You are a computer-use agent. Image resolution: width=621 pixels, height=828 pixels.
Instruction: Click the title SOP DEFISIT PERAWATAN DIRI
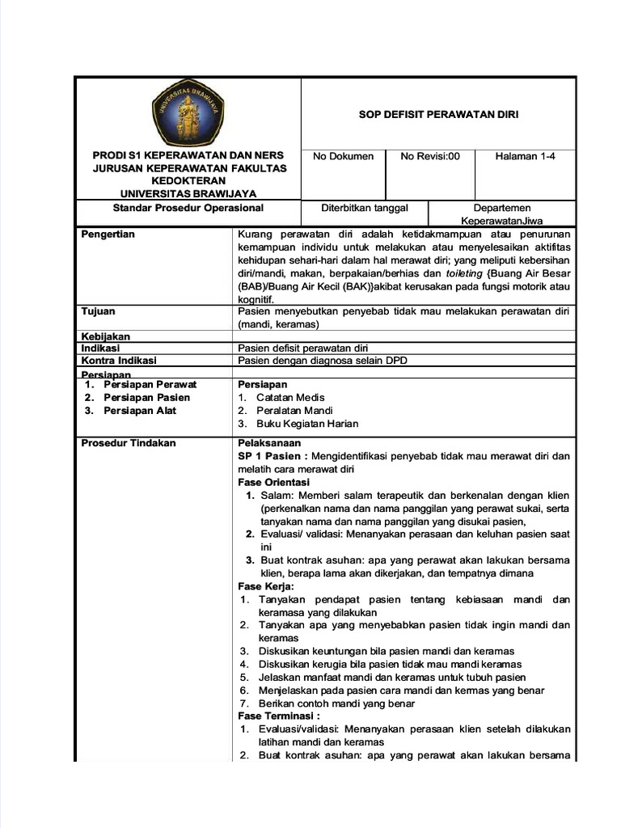point(438,114)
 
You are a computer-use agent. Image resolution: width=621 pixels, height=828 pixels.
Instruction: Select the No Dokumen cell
point(343,156)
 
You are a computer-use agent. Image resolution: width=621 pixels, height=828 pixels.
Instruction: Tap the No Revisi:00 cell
point(430,156)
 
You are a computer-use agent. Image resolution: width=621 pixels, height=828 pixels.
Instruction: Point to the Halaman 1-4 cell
point(525,156)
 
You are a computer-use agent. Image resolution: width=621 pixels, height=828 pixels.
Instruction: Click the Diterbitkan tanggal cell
point(365,208)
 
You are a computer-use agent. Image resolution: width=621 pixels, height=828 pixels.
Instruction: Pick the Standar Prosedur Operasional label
point(188,208)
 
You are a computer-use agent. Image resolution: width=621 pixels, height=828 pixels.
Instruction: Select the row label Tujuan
point(99,311)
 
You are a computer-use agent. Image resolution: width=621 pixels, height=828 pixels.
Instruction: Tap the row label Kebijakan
point(106,336)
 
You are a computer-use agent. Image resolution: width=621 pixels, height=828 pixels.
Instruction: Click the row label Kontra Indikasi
point(119,361)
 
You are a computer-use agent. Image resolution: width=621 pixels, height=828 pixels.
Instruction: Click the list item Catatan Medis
point(290,398)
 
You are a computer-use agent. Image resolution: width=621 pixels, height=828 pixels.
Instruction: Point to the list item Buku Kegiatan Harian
point(307,424)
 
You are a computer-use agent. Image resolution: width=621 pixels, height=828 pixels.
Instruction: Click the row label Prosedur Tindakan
point(129,443)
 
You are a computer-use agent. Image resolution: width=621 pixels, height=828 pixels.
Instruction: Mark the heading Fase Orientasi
point(274,482)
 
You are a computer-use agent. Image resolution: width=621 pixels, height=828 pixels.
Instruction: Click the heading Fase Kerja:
point(266,585)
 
